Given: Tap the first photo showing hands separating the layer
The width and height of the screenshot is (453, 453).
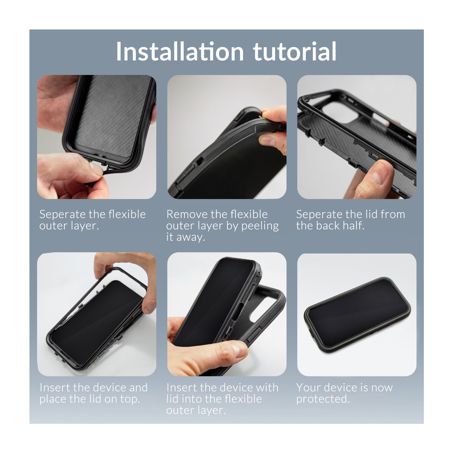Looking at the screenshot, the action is pyautogui.click(x=97, y=137).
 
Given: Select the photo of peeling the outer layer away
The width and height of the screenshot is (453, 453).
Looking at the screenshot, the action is pyautogui.click(x=227, y=137).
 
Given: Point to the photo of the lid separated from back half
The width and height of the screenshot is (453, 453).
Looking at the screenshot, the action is pyautogui.click(x=357, y=137).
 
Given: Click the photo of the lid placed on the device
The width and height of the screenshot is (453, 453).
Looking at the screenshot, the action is pyautogui.click(x=97, y=314).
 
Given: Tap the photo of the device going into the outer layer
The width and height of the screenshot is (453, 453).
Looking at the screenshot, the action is pyautogui.click(x=227, y=314).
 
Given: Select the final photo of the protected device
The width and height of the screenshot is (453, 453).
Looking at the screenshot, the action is pyautogui.click(x=357, y=314).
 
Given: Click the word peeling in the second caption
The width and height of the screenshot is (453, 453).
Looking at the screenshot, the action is pyautogui.click(x=260, y=226).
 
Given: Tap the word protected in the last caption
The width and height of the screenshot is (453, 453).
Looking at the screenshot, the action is pyautogui.click(x=323, y=399).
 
